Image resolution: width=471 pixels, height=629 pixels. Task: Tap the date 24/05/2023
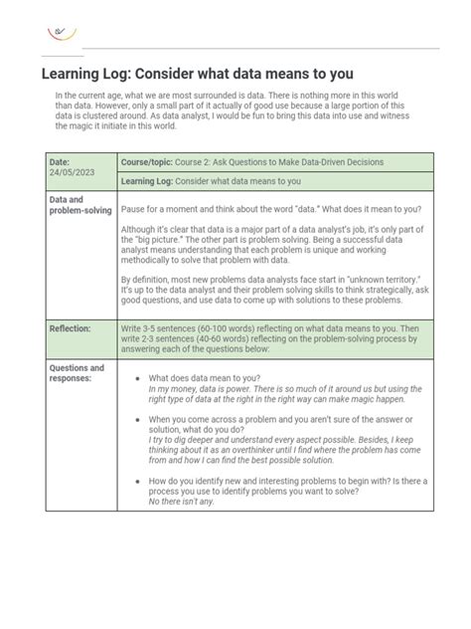[x=71, y=172]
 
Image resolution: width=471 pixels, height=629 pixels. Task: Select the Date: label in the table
[x=61, y=161]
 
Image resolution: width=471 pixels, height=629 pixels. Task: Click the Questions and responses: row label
[x=77, y=373]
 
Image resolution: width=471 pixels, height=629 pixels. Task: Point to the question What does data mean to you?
[x=205, y=378]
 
